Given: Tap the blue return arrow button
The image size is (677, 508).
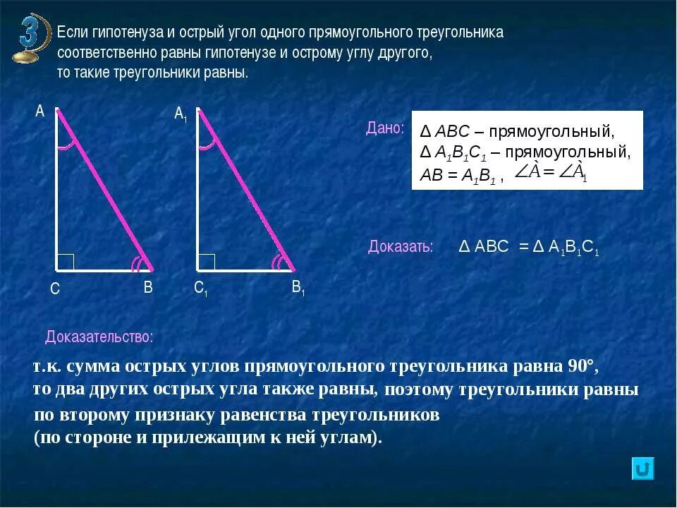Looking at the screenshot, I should click(642, 469).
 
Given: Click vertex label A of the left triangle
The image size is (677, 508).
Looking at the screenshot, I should click(39, 111).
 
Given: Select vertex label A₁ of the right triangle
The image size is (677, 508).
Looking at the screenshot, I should click(181, 114).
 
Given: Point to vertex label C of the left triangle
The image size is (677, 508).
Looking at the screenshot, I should click(54, 289).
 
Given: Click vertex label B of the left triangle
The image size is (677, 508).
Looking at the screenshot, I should click(148, 287).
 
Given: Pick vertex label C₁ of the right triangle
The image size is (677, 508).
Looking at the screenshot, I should click(200, 288).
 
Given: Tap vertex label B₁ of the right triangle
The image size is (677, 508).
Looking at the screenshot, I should click(298, 288).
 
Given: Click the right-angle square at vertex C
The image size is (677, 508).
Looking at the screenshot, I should click(66, 262).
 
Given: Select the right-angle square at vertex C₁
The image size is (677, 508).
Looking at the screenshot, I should click(207, 262).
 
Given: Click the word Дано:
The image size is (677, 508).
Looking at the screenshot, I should click(385, 128).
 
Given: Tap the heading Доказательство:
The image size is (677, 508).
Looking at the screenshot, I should click(99, 337).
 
